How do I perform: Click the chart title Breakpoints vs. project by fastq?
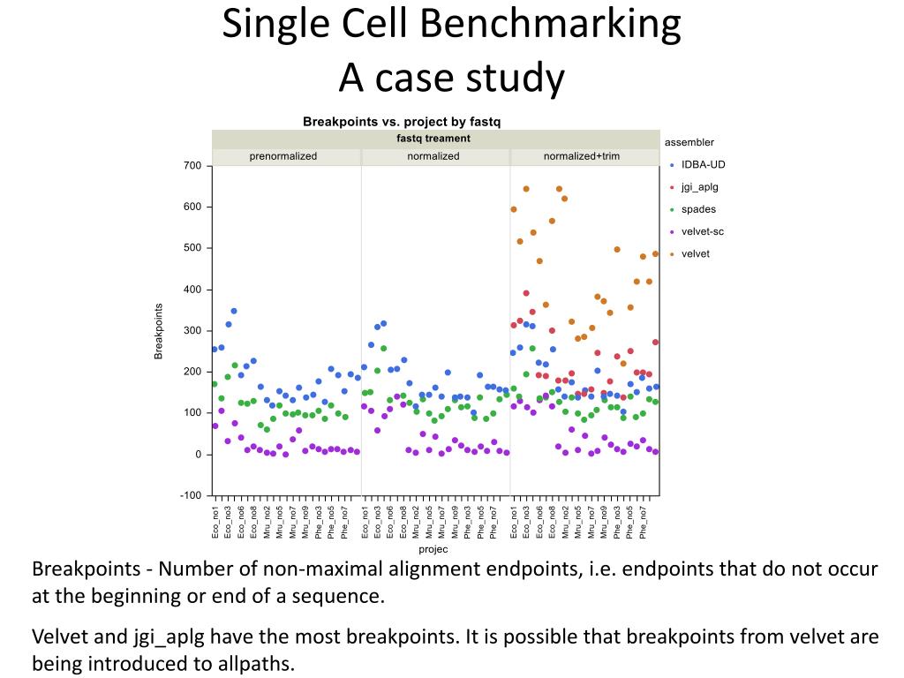402,121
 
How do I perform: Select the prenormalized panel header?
283,156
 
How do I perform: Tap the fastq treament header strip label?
433,139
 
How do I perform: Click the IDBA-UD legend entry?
703,164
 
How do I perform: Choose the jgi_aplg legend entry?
698,187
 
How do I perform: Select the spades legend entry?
698,209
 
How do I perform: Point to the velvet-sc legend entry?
702,231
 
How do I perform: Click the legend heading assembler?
689,142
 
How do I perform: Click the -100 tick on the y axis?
191,495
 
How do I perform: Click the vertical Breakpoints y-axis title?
159,331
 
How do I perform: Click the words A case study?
451,79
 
